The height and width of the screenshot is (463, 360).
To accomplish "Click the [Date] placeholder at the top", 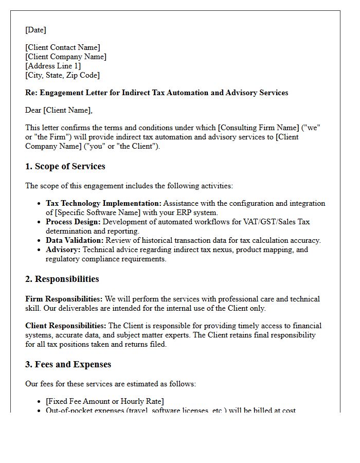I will pyautogui.click(x=35, y=30).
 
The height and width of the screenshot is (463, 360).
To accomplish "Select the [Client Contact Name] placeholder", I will pyautogui.click(x=63, y=48).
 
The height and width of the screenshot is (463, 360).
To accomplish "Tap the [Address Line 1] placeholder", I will pyautogui.click(x=53, y=66).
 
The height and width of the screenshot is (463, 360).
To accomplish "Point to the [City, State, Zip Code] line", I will pyautogui.click(x=62, y=75).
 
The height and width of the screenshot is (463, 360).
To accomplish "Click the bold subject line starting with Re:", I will pyautogui.click(x=156, y=93).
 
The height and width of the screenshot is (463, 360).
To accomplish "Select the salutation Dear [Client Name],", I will pyautogui.click(x=59, y=110).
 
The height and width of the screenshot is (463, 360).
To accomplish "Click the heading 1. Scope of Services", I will pyautogui.click(x=65, y=167).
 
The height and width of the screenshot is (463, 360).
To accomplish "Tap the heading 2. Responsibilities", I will pyautogui.click(x=62, y=279).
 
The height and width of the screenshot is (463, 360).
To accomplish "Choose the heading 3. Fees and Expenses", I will pyautogui.click(x=68, y=365).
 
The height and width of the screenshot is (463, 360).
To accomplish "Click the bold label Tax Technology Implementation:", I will pyautogui.click(x=103, y=204).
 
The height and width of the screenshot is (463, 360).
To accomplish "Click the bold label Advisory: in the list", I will pyautogui.click(x=63, y=250).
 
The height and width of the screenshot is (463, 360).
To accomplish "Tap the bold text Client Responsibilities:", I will pyautogui.click(x=66, y=326).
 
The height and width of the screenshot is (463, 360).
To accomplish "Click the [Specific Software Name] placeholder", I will pyautogui.click(x=96, y=213).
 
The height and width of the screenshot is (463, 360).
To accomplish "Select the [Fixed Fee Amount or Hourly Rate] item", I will pyautogui.click(x=105, y=401).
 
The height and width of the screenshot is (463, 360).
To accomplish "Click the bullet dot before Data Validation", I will pyautogui.click(x=39, y=241).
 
